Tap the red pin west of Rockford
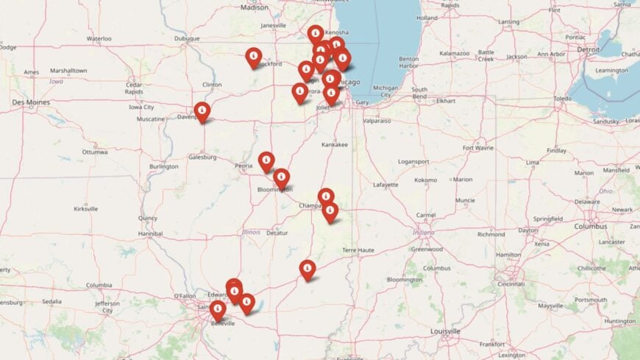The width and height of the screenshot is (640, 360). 254,57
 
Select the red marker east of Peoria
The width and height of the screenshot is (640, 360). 266,161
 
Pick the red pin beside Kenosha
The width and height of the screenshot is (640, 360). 316,34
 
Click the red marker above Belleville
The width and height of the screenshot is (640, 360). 218,311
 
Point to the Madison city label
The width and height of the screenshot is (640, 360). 255,7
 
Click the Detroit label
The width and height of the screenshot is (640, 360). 589,49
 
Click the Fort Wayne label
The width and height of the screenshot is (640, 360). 478,148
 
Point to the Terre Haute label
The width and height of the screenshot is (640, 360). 358,250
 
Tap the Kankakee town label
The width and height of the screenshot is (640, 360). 334,145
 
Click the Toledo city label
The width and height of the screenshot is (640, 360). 562,98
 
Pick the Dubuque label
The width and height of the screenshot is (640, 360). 187,38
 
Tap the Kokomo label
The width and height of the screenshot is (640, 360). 426,180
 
